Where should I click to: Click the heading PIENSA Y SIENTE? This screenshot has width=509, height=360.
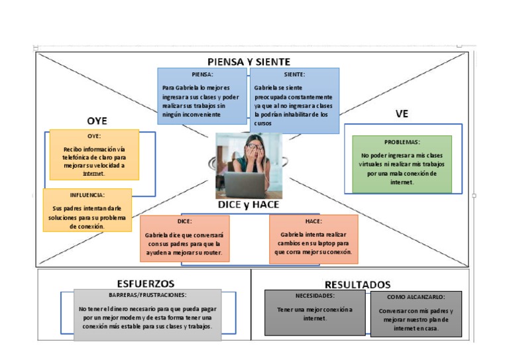pyautogui.click(x=249, y=61)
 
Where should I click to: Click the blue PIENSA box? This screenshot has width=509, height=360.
pyautogui.click(x=202, y=96)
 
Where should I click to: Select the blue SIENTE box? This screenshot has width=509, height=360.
pyautogui.click(x=295, y=96)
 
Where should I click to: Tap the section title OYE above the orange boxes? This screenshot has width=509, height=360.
pyautogui.click(x=97, y=121)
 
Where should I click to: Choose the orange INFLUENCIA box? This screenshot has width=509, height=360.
pyautogui.click(x=87, y=210)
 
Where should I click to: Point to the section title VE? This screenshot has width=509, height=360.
pyautogui.click(x=402, y=113)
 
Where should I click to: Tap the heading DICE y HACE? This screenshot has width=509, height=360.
pyautogui.click(x=249, y=206)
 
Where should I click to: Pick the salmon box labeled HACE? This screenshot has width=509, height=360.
pyautogui.click(x=313, y=239)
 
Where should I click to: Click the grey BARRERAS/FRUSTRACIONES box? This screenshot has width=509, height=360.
pyautogui.click(x=147, y=314)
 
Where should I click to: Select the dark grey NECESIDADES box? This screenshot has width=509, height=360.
pyautogui.click(x=315, y=312)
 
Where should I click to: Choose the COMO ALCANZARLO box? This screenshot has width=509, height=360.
pyautogui.click(x=416, y=314)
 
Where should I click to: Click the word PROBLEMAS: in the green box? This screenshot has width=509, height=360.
pyautogui.click(x=402, y=142)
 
